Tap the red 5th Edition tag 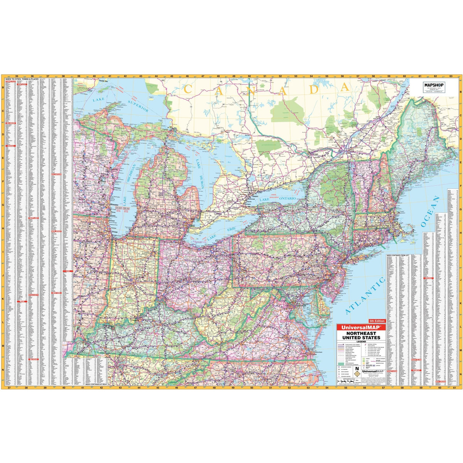[377, 321]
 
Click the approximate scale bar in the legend [350, 382]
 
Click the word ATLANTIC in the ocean [364, 296]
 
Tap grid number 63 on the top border [450, 76]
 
